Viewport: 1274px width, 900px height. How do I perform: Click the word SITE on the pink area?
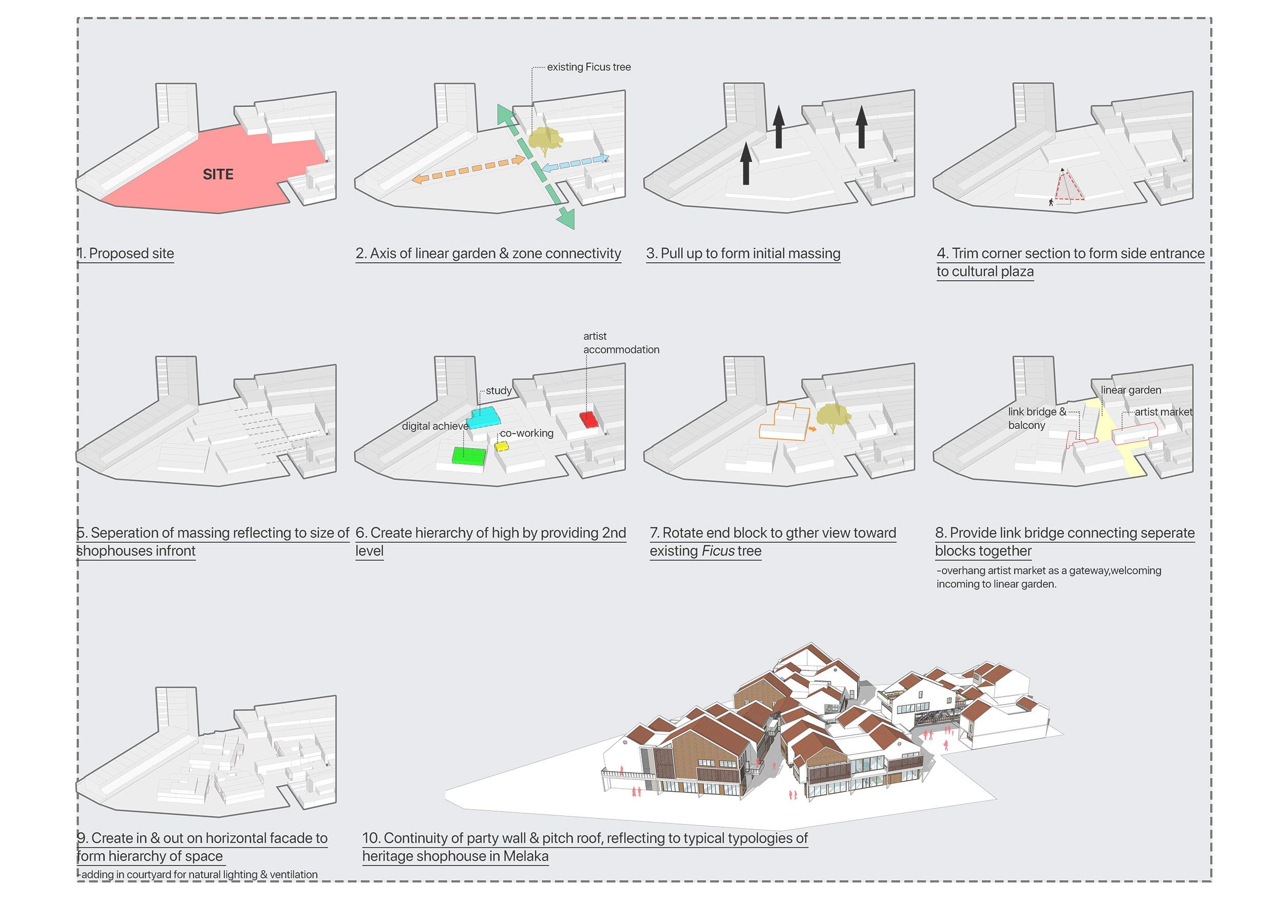point(218,174)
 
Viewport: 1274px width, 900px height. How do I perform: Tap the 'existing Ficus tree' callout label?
point(588,67)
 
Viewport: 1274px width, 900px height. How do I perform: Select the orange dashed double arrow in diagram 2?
point(468,169)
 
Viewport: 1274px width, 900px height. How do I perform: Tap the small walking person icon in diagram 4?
point(1051,202)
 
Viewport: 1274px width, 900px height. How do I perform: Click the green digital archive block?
point(469,455)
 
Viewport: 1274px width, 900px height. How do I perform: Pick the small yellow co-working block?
point(502,445)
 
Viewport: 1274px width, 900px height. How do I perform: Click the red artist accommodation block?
point(588,419)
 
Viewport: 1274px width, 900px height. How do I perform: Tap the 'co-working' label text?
point(526,433)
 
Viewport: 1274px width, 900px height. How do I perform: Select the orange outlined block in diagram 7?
point(784,423)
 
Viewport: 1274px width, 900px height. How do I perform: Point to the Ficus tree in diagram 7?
point(833,416)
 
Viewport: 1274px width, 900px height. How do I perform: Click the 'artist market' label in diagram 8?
point(1163,412)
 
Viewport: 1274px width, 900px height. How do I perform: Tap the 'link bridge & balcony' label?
point(1035,418)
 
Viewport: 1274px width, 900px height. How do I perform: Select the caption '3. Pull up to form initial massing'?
point(743,253)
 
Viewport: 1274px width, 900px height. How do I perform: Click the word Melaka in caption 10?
point(525,856)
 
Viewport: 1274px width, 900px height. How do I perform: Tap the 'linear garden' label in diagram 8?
point(1131,390)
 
